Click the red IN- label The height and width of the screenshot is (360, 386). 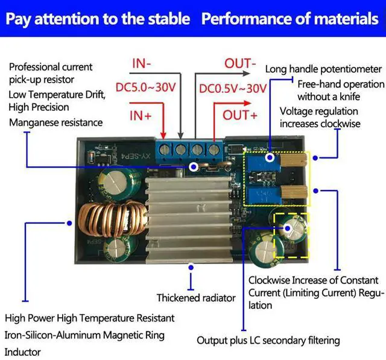point(142,63)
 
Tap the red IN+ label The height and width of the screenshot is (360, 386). point(141,115)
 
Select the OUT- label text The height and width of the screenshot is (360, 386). point(240,63)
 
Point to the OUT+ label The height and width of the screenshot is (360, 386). point(240,115)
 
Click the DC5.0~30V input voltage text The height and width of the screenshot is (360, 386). point(146,87)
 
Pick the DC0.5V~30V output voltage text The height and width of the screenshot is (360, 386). point(233,88)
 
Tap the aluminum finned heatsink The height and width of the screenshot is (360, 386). point(189,217)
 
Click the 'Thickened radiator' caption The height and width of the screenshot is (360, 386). point(196,298)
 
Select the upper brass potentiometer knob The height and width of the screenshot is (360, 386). point(294,160)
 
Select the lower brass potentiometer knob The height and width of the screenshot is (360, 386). point(294,192)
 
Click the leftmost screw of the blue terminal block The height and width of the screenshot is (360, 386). point(165,149)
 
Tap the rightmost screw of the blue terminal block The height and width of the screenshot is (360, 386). point(214,150)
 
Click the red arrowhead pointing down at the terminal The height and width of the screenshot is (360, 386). point(163,135)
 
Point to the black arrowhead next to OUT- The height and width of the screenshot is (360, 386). point(247,73)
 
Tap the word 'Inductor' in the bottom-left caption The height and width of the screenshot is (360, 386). point(23,352)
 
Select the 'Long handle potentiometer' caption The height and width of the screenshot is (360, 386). point(323,69)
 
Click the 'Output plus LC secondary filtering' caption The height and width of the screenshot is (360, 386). point(268,341)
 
